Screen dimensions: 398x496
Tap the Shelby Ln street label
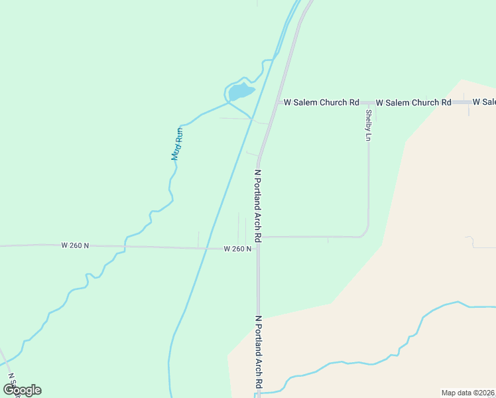pos(368,125)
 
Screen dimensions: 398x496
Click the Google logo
pos(22,390)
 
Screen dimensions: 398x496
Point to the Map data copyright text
pos(468,393)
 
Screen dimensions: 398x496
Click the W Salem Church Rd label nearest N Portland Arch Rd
pos(321,103)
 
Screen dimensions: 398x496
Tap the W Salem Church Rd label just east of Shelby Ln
pos(413,103)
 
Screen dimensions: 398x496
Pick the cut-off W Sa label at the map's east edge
pos(484,102)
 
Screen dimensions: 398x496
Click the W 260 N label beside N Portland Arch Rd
pos(237,249)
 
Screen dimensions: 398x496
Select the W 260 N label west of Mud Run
pos(75,245)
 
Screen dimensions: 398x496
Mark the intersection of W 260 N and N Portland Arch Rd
pos(258,249)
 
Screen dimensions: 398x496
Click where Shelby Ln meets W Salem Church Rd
pos(368,103)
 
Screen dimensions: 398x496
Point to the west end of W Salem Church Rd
pos(278,103)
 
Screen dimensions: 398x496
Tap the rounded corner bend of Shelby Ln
pos(365,233)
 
